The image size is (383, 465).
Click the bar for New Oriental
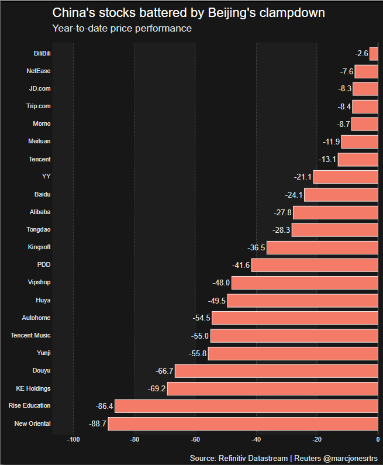point(243,424)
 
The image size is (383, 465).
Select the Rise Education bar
point(246,406)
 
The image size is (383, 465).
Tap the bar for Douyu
point(276,371)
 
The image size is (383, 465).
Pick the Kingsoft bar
point(322,247)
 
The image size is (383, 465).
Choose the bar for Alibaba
point(335,212)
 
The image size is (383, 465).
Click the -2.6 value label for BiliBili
point(361,54)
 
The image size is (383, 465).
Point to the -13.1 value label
point(327,160)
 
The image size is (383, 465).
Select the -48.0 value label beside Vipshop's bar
point(221,283)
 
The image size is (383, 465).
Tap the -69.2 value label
point(157,388)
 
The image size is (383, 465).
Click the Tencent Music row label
point(30,336)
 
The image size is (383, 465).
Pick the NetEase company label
point(39,71)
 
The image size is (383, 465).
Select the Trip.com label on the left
point(39,106)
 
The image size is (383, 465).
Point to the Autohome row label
point(36,318)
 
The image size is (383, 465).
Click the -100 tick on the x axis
point(74,440)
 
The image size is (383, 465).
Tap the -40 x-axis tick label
point(256,440)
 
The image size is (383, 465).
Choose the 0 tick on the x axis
point(378,440)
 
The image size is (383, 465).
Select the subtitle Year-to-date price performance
point(122,28)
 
